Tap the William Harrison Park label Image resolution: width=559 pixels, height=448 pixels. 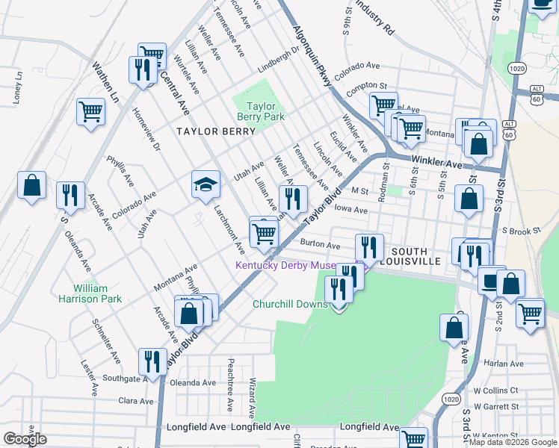pos(90,293)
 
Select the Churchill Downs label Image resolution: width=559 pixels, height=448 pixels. pos(290,305)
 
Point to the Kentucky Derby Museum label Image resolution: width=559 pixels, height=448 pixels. pos(295,266)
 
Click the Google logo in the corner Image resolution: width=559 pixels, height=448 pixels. pos(24,439)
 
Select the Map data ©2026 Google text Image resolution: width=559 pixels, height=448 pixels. pos(512,441)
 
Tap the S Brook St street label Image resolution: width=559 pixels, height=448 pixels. pos(521,231)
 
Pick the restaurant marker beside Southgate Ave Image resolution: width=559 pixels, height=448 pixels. pos(153,362)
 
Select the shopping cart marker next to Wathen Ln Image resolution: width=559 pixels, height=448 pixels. pos(90,113)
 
